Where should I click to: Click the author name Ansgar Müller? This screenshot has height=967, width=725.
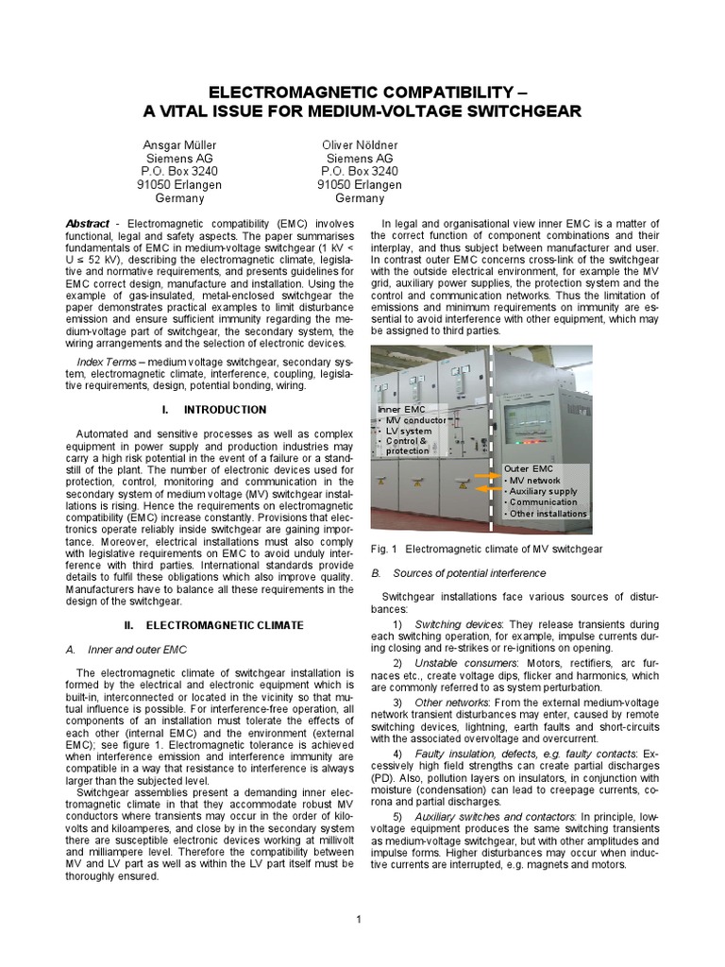(x=179, y=146)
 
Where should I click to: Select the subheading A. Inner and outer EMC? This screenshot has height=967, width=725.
(x=125, y=650)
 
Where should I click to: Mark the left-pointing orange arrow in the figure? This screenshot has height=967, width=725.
(x=487, y=490)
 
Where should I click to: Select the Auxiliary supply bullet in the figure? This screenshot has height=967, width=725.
(x=543, y=491)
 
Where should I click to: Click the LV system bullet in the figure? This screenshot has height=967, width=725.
(x=409, y=431)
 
